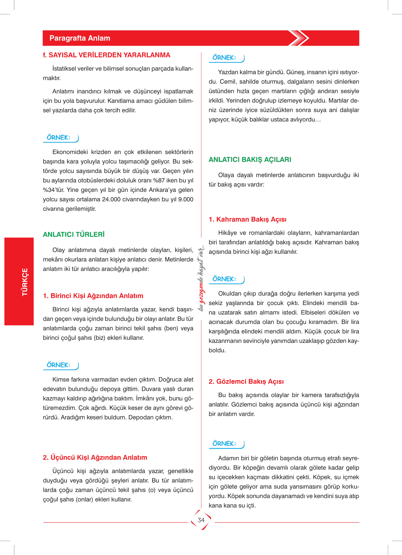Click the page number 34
point(201,520)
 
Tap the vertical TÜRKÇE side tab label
point(25,282)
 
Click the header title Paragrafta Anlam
point(80,38)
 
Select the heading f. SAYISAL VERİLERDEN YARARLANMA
point(107,55)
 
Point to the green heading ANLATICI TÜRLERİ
point(74,234)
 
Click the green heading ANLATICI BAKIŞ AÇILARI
point(250,160)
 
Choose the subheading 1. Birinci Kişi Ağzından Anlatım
point(93,296)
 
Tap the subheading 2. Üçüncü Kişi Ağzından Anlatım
point(95,458)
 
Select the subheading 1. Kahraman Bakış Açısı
point(247,220)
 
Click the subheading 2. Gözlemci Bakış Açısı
point(246,382)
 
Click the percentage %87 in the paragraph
point(159,180)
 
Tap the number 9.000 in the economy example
point(186,199)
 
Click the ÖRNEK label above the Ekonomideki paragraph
point(58,137)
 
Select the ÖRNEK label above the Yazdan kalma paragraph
point(224,58)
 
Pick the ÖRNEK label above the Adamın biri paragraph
point(224,444)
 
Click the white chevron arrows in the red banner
point(299,38)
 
